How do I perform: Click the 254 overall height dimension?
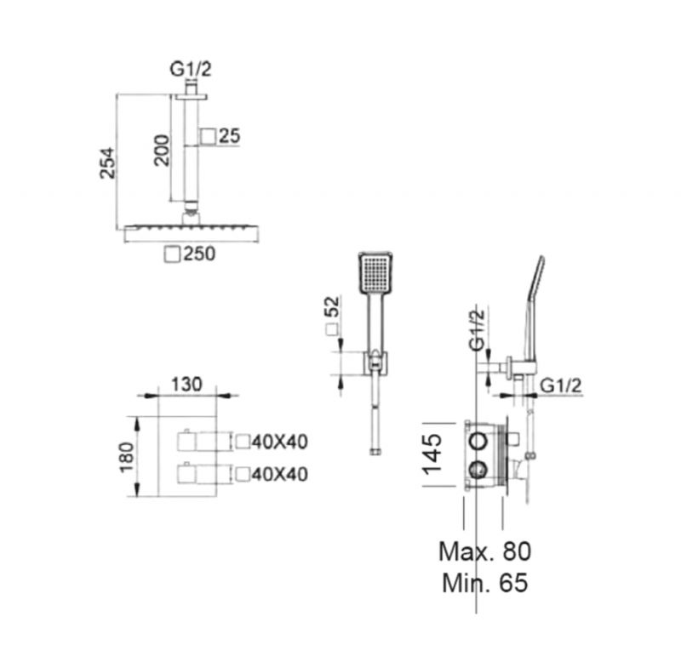pos(107,163)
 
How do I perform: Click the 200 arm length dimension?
pos(161,151)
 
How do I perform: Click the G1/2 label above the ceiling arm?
pos(191,69)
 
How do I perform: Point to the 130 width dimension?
pos(186,385)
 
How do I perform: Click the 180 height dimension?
pos(126,458)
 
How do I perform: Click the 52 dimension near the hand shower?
pos(331,306)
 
